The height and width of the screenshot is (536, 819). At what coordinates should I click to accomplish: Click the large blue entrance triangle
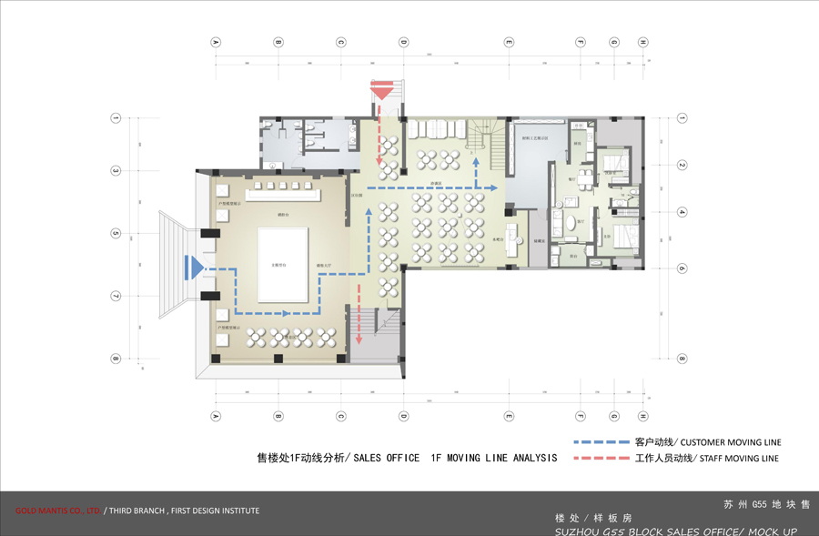point(192,267)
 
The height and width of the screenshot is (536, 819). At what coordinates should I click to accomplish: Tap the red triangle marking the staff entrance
point(380,90)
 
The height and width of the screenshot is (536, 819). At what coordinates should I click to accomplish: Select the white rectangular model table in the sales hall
point(283,265)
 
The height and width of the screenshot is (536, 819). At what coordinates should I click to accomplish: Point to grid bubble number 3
point(116,171)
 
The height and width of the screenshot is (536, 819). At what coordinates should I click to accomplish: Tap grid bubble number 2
point(681,165)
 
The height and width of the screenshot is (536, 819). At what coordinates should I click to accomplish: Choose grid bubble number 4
point(681,211)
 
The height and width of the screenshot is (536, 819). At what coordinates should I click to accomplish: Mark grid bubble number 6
point(681,268)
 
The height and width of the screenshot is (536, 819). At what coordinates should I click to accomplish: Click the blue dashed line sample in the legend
point(601,441)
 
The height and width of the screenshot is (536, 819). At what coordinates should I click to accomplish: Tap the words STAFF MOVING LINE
point(739,459)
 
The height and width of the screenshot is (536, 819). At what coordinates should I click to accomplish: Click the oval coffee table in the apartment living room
point(570,221)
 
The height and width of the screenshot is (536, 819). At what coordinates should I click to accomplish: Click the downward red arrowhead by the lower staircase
point(359,340)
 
